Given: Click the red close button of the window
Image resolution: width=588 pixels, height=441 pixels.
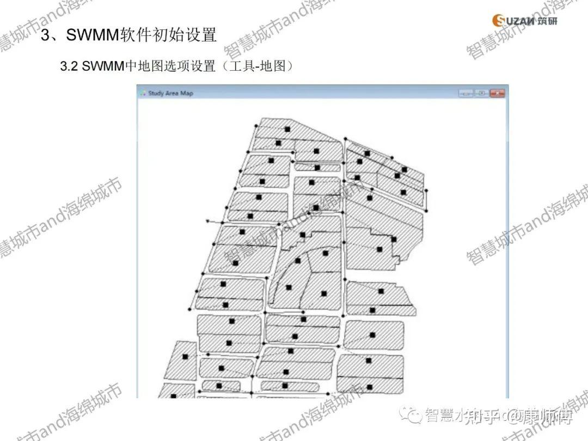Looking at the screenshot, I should (x=497, y=93).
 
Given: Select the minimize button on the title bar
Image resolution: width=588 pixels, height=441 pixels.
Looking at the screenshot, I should (x=465, y=93).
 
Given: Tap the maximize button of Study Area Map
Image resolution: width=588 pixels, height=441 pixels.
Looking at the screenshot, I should (x=481, y=93).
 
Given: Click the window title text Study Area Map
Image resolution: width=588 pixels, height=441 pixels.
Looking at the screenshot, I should (x=170, y=93).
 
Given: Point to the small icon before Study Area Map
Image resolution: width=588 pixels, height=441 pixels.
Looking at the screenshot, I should (x=143, y=93).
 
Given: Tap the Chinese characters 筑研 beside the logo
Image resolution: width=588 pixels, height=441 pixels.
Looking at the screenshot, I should (x=547, y=21).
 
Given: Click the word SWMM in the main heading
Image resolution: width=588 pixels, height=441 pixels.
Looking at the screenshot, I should (x=92, y=35).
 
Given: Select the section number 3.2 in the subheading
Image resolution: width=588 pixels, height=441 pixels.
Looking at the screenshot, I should (x=70, y=66).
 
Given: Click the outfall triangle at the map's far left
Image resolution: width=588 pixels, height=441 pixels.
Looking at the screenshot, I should (x=208, y=220).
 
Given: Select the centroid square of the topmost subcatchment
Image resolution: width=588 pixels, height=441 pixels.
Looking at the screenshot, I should (x=286, y=128).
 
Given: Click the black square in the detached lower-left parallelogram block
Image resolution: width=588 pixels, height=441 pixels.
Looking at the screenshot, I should (x=185, y=357).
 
